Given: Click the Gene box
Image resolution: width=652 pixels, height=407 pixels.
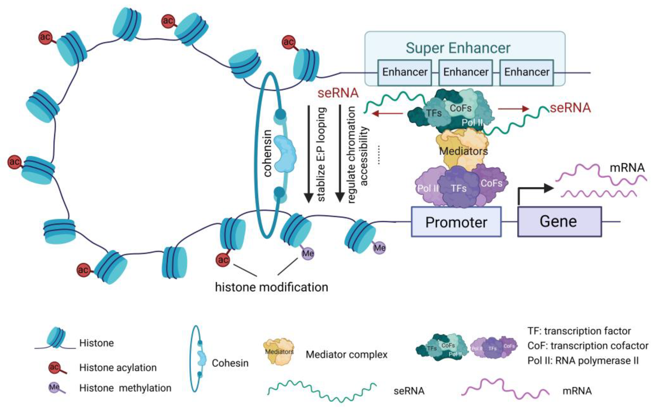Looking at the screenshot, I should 559,222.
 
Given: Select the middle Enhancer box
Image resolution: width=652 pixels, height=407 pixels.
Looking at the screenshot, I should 466,72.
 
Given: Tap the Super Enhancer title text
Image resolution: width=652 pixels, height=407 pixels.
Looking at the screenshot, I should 458,48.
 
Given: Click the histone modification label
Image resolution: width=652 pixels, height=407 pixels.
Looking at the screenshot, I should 271,287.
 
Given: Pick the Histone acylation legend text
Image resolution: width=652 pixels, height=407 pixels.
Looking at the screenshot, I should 118,367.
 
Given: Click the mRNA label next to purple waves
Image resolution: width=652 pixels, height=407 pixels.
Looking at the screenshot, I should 627,168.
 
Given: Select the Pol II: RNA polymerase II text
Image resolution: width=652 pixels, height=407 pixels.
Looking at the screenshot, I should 583,361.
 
